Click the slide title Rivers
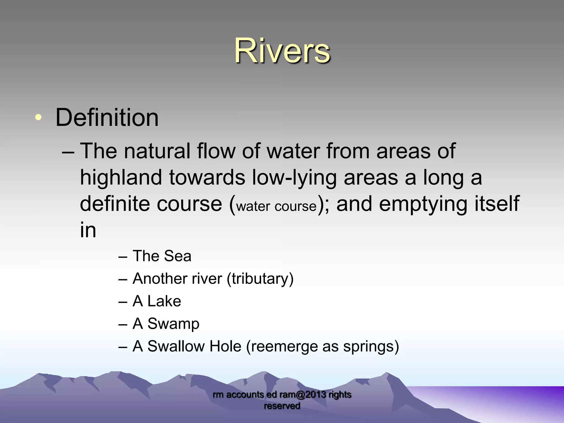[x=282, y=51]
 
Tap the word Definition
[x=107, y=118]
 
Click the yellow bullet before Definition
[x=39, y=118]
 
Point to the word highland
[x=121, y=178]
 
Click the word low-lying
[x=294, y=178]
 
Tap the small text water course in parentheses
[x=276, y=206]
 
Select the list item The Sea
[x=162, y=256]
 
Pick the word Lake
[x=164, y=301]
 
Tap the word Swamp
[x=173, y=324]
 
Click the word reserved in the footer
[x=282, y=406]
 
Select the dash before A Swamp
[x=123, y=324]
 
